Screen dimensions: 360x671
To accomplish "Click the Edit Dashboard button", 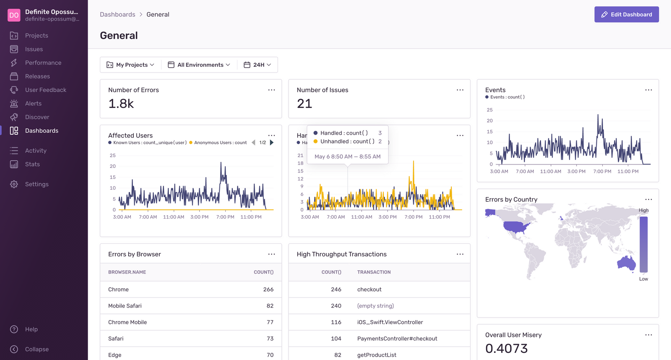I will [626, 14].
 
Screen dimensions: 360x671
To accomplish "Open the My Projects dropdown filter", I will [130, 65].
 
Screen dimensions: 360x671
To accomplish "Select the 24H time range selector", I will [257, 65].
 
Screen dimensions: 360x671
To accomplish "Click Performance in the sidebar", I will [43, 63].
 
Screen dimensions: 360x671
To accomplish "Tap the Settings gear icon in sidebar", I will [14, 184].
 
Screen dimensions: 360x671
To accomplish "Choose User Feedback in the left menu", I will [45, 90].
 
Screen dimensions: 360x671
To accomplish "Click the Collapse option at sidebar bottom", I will [36, 349].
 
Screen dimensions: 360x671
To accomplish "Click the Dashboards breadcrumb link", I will [117, 14].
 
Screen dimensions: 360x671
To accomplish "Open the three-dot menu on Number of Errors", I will [271, 90].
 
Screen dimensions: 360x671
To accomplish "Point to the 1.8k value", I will [121, 104].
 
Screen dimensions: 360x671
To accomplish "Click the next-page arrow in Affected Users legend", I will [272, 143].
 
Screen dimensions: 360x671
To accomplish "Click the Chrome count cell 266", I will [268, 290].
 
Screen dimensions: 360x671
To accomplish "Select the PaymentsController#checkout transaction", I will [397, 339].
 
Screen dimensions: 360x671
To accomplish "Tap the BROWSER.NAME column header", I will [127, 272].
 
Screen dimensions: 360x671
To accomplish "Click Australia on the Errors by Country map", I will [626, 263].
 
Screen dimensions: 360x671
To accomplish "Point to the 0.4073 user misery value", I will [506, 348].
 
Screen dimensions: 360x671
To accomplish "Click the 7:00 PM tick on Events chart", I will [602, 171].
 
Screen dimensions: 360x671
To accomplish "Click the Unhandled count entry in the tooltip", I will [347, 141].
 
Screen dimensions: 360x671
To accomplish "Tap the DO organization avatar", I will [14, 15].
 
